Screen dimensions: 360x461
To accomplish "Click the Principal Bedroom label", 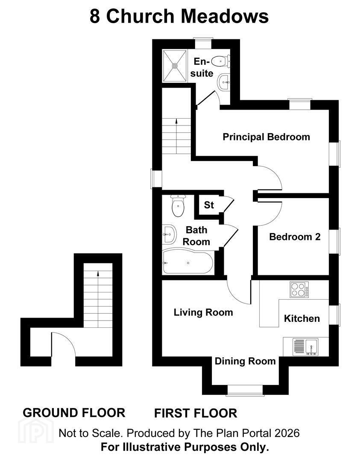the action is pyautogui.click(x=266, y=137).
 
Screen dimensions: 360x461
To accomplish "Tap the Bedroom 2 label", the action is pyautogui.click(x=295, y=236).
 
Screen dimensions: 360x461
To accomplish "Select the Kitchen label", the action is pyautogui.click(x=302, y=318).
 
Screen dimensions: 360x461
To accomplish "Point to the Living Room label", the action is pyautogui.click(x=203, y=312).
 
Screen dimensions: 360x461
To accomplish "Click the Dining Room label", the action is pyautogui.click(x=245, y=361).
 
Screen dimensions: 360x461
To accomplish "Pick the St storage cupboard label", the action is pyautogui.click(x=209, y=205).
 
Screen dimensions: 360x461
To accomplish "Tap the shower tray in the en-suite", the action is pyautogui.click(x=175, y=66).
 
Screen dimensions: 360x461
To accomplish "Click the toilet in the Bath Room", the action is pyautogui.click(x=178, y=205).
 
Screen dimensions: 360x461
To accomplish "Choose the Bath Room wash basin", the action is pyautogui.click(x=169, y=234).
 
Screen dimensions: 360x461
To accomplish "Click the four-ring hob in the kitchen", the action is pyautogui.click(x=299, y=289).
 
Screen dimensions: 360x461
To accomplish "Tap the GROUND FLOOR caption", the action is pyautogui.click(x=74, y=413).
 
